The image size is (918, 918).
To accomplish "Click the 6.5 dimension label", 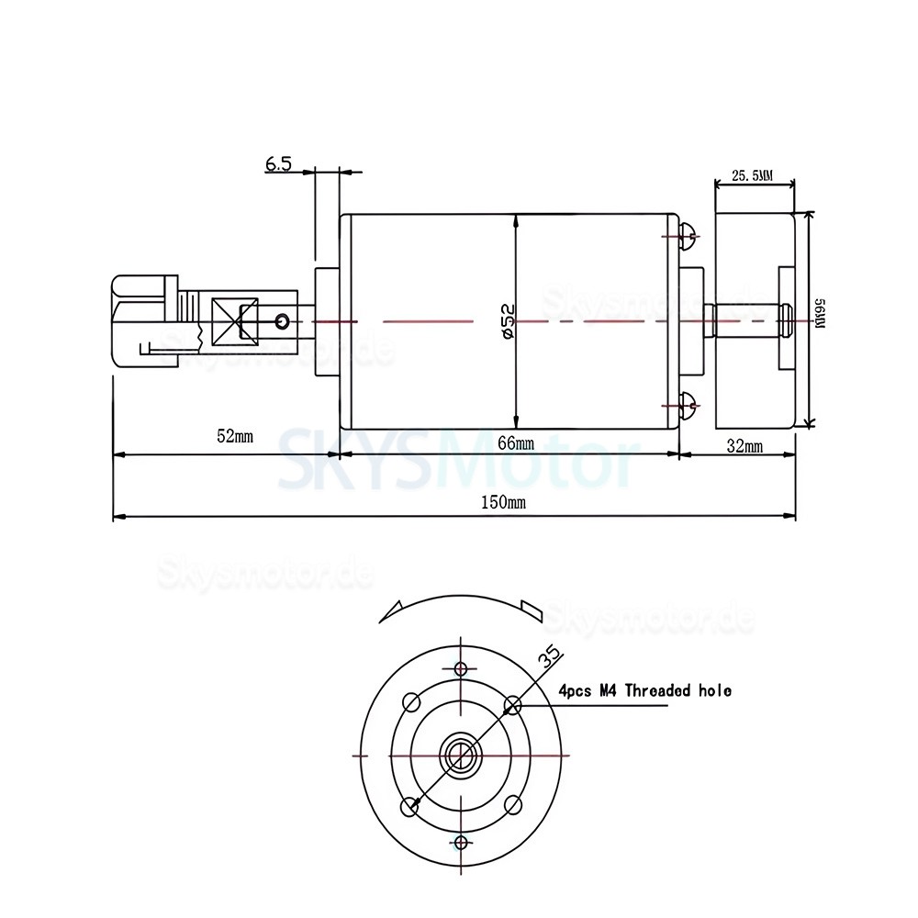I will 278,164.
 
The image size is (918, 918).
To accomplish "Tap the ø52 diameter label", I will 508,321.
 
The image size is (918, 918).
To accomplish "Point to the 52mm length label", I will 234,436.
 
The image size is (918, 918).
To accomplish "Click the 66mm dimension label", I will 515,443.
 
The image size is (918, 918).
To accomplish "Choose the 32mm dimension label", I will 744,447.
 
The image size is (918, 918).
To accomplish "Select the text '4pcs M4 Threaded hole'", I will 644,690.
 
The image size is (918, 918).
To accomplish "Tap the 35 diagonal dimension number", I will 550,656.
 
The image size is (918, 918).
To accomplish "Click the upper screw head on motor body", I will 689,237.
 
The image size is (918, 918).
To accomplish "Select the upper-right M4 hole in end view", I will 512,704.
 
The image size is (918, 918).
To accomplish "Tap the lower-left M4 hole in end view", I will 410,805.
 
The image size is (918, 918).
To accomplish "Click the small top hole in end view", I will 461,667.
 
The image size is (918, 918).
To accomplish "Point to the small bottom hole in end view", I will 461,842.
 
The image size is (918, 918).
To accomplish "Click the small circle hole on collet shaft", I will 283,320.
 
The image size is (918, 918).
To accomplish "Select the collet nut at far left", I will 142,319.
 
